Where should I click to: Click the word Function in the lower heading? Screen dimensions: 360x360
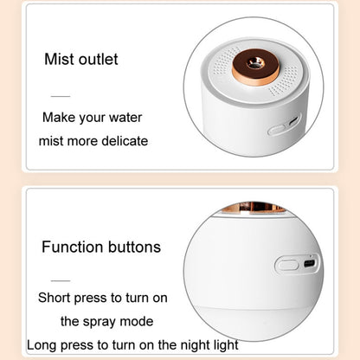coord(73,247)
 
